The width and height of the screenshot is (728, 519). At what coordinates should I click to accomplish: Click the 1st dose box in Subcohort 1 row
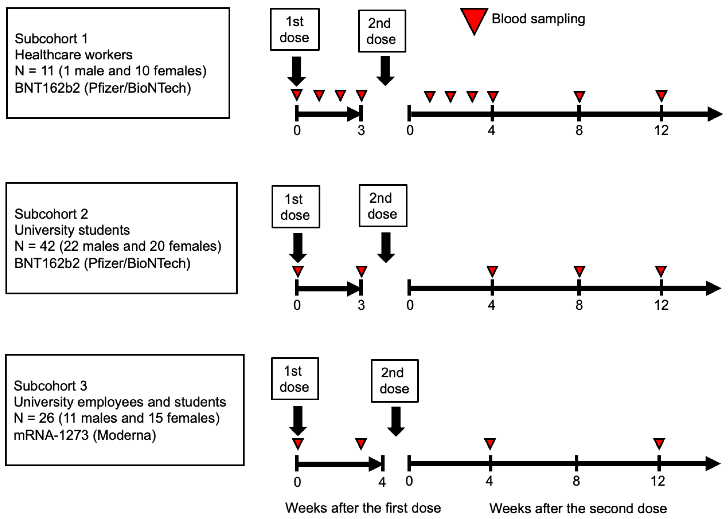click(x=294, y=29)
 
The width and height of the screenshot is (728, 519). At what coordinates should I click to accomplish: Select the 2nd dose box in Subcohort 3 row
click(x=395, y=380)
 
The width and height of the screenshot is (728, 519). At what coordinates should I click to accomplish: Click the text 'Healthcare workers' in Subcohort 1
click(x=73, y=55)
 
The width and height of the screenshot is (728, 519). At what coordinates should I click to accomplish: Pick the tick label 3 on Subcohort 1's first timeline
click(x=361, y=130)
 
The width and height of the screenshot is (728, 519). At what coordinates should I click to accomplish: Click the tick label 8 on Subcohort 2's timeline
click(x=579, y=305)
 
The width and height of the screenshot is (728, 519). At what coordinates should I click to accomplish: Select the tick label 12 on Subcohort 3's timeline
click(x=658, y=481)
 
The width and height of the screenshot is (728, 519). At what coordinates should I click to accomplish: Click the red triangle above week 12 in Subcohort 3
click(x=659, y=443)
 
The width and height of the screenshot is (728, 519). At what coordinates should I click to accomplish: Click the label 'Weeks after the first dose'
click(x=363, y=508)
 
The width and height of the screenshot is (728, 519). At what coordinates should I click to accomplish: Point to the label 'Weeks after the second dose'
click(x=578, y=508)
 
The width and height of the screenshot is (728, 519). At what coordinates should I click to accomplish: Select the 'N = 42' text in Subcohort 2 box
click(x=35, y=246)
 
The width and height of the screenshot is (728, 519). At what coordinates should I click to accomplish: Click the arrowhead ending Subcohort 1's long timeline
click(x=715, y=114)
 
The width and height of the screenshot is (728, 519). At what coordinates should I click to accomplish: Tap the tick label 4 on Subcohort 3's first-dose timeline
click(x=382, y=482)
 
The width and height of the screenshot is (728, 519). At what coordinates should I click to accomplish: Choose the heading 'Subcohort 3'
click(x=50, y=386)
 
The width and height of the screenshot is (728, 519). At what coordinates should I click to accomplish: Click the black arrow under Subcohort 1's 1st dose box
click(x=297, y=71)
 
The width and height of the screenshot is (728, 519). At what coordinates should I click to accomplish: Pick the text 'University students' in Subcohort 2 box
click(x=72, y=230)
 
